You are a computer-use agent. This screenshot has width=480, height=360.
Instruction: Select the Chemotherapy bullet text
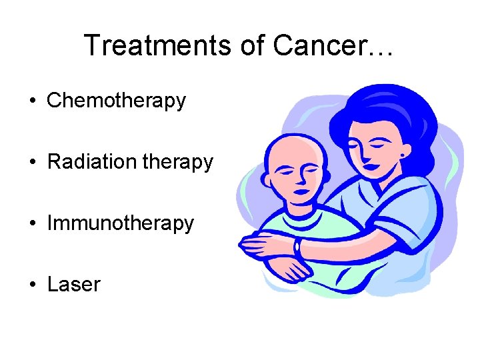click(116, 101)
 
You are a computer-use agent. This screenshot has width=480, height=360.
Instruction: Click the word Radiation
click(89, 162)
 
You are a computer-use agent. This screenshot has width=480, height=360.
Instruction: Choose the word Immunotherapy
click(120, 223)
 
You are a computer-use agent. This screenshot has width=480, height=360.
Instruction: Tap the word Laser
click(73, 285)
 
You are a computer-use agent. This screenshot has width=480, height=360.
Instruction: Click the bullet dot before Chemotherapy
click(31, 101)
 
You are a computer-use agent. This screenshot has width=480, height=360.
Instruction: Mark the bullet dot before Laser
click(31, 285)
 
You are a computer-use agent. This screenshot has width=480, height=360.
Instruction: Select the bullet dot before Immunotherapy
click(31, 224)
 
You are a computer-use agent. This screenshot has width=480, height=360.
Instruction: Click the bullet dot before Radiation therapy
click(31, 163)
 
